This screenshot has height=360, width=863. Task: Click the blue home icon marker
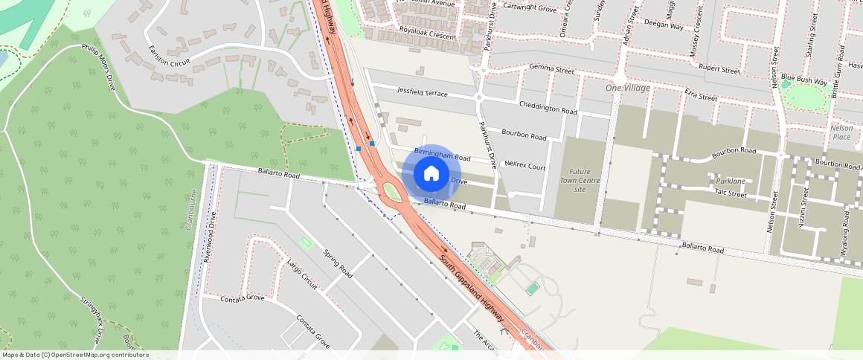[x=431, y=174]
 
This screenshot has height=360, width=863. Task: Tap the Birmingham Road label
[x=443, y=154]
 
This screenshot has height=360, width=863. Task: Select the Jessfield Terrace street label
[x=422, y=93]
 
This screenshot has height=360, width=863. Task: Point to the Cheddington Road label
[x=548, y=108]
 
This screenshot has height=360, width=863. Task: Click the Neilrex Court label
[x=524, y=167]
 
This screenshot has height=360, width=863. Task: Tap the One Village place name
[x=628, y=89]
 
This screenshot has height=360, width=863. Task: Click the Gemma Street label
[x=551, y=69]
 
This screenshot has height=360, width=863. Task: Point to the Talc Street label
[x=730, y=193]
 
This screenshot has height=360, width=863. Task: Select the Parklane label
[x=730, y=181]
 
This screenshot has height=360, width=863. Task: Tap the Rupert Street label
[x=719, y=70]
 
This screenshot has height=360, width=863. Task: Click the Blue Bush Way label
[x=803, y=80]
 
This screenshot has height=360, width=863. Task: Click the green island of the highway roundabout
[x=391, y=193]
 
